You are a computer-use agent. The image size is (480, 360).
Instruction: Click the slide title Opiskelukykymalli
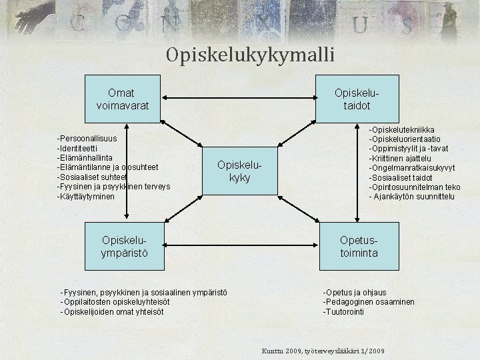pos(250,54)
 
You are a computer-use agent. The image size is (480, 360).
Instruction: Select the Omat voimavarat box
pos(123,99)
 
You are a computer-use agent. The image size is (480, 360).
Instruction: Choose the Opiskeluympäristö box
pos(124,245)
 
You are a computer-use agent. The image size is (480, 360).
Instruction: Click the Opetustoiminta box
pos(358,245)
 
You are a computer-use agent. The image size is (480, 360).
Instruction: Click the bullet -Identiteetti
pos(78,148)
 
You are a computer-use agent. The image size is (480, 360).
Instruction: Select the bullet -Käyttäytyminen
pos(86,197)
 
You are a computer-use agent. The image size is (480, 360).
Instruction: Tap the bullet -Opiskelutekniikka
pos(403,129)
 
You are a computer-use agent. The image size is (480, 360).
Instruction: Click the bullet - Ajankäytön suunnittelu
pos(412,197)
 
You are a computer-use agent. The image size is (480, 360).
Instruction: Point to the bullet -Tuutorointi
pos(344,311)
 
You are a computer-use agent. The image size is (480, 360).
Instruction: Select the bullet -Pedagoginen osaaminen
pos(369,302)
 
